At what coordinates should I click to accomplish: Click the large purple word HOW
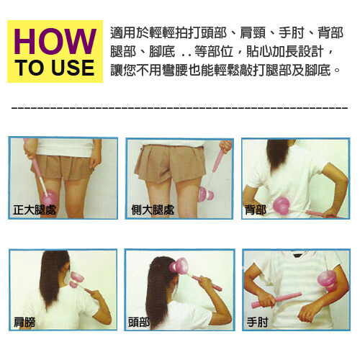pos(55,41)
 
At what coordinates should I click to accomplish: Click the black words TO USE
pos(55,68)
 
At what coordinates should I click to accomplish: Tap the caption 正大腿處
pos(35,210)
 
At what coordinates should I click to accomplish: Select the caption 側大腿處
pos(153,210)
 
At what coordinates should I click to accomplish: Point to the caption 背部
pos(256,210)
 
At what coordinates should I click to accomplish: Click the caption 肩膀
pos(24,322)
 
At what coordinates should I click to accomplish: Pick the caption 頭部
pos(139,322)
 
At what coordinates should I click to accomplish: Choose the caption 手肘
pos(257,322)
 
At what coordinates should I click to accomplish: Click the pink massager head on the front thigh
pos(49,198)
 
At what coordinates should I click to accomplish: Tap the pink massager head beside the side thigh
pos(206,194)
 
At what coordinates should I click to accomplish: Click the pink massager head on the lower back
pos(282,205)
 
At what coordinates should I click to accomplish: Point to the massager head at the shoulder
pos(77,279)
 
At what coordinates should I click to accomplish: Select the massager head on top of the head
pos(178,266)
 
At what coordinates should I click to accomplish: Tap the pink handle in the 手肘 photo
pos(276,300)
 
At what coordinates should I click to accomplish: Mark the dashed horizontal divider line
pos(179,108)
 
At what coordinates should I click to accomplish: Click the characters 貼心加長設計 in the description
pos(284,51)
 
